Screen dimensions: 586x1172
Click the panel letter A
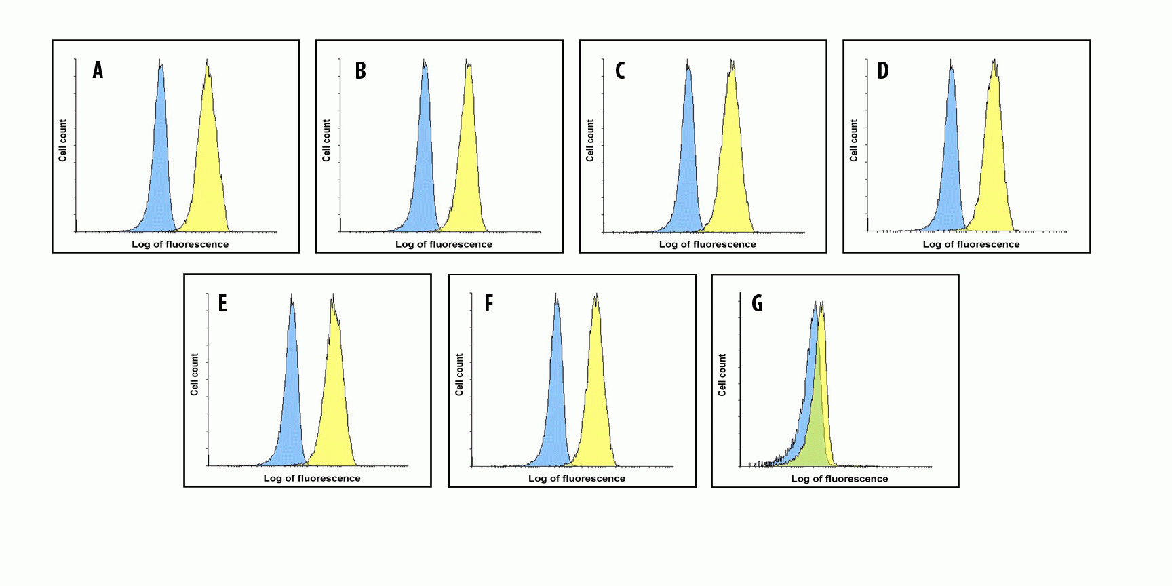(x=98, y=70)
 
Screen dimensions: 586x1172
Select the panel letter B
(x=361, y=71)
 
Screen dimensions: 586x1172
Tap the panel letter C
(x=620, y=71)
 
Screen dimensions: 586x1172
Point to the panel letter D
(x=882, y=71)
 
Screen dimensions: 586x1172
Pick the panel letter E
(x=222, y=303)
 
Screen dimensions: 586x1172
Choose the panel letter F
(x=488, y=303)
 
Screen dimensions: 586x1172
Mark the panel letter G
(x=757, y=303)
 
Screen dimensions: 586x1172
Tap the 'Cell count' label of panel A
(x=62, y=140)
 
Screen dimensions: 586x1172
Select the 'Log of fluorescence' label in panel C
(x=707, y=244)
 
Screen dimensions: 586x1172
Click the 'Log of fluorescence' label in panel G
(x=839, y=479)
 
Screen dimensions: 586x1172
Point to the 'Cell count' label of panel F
(x=459, y=374)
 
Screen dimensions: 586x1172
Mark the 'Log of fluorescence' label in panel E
(x=312, y=478)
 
